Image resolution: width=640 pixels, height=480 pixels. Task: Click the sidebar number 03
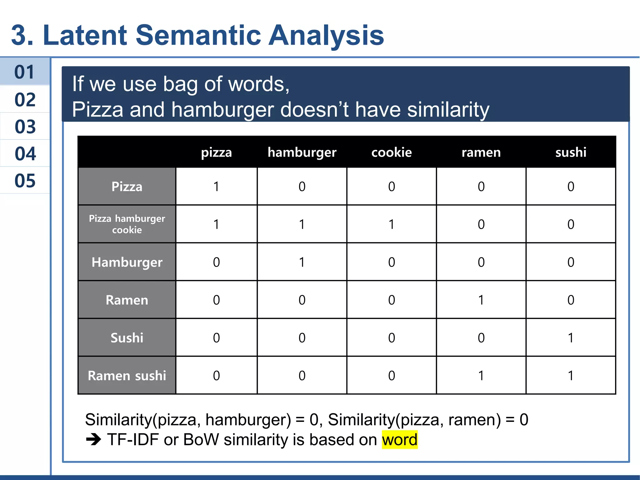(x=25, y=127)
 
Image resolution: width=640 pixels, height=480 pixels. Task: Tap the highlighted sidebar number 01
(x=24, y=72)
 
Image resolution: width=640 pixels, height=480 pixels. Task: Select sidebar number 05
(x=25, y=181)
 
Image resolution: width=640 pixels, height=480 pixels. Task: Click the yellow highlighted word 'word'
(x=399, y=440)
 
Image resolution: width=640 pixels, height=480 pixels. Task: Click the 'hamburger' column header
(x=302, y=152)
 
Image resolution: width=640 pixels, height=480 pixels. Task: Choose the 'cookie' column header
(x=391, y=152)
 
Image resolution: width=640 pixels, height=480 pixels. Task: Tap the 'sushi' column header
(x=571, y=152)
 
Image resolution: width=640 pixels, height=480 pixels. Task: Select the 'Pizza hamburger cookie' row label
(x=127, y=224)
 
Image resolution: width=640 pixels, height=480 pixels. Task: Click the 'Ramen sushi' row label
(x=127, y=375)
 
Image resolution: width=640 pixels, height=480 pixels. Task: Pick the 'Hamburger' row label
(x=127, y=262)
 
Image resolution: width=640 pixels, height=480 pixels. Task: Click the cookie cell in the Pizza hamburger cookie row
(x=391, y=224)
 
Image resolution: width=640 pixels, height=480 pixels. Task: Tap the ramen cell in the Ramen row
(x=481, y=300)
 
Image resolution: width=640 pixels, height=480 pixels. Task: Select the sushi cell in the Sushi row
(x=571, y=337)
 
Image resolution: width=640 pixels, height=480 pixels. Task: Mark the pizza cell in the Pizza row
(x=216, y=186)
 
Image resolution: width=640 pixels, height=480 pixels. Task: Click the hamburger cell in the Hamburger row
(x=302, y=262)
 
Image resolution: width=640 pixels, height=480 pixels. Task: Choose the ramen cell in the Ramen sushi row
(x=481, y=375)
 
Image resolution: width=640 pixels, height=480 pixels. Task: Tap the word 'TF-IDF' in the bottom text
(x=133, y=440)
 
